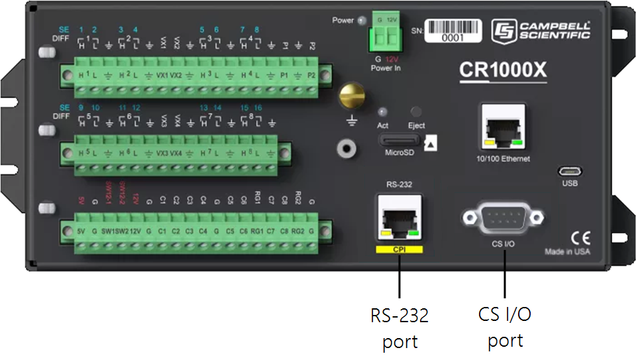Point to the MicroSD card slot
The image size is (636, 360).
click(x=399, y=140)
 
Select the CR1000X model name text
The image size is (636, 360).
click(x=503, y=70)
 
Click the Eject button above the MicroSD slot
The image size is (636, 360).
click(x=417, y=113)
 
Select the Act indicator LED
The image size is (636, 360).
click(x=383, y=113)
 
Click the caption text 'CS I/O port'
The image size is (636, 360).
click(x=505, y=328)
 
